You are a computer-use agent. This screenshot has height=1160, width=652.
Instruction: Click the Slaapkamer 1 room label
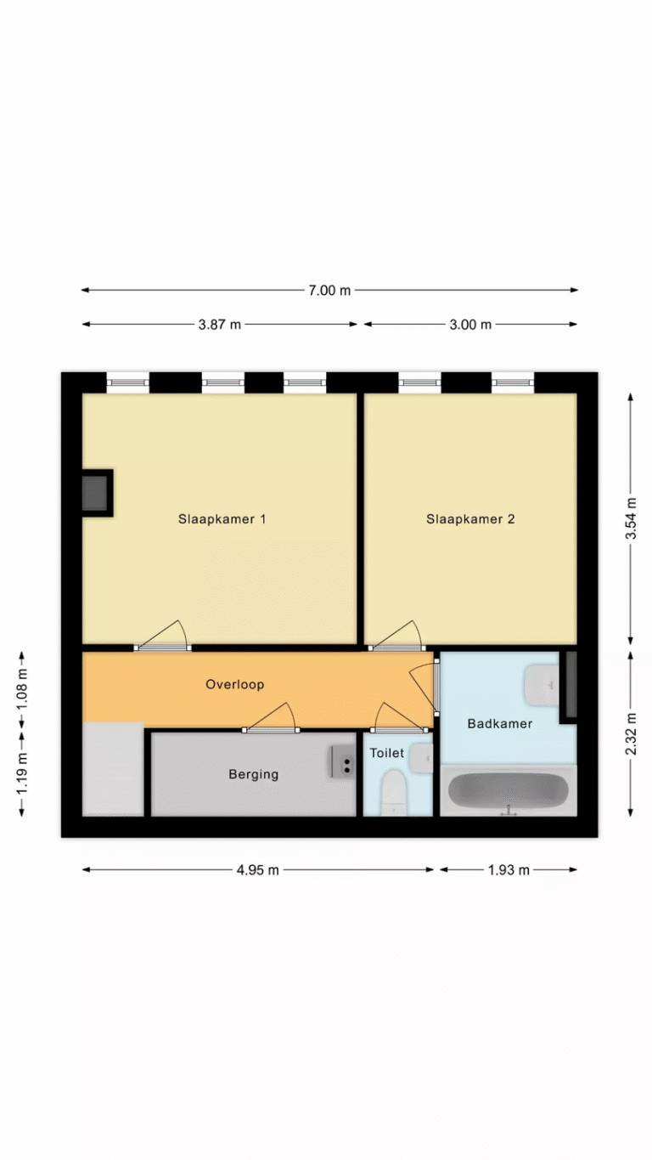(222, 519)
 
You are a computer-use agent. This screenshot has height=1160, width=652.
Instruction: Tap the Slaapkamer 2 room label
(470, 519)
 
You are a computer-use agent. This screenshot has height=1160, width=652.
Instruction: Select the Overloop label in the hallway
(235, 685)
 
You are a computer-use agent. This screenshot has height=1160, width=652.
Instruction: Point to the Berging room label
(254, 774)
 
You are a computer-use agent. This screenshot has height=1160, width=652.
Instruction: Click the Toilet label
(386, 752)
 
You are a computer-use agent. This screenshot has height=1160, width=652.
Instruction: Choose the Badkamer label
(500, 723)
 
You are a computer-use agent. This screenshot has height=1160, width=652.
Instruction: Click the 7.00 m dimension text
(329, 291)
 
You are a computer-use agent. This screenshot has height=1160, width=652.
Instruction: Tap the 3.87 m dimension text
(220, 325)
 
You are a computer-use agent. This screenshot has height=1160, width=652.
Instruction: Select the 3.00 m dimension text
(470, 325)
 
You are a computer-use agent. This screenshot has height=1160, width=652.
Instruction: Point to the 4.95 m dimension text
(258, 870)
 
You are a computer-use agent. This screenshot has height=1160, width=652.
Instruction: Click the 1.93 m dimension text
(509, 870)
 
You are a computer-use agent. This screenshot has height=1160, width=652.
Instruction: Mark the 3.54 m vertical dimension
(631, 518)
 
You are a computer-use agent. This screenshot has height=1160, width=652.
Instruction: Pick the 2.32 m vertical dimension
(631, 733)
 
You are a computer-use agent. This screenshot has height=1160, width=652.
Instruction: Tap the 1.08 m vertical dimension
(22, 691)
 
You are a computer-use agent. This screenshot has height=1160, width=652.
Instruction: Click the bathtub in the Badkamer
(509, 790)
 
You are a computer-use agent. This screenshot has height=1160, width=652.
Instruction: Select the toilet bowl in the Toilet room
(393, 792)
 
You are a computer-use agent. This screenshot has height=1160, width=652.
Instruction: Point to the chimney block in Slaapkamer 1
(98, 493)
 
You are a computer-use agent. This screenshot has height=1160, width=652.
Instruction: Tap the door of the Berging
(271, 719)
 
